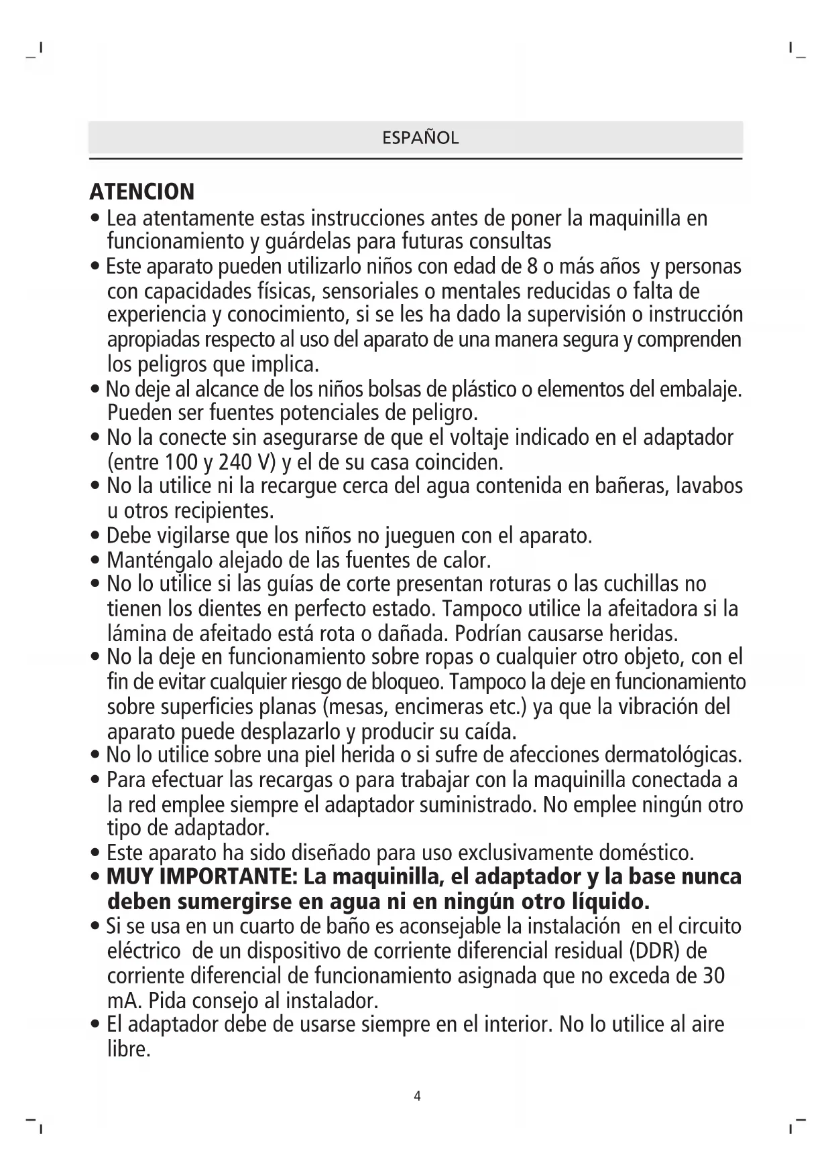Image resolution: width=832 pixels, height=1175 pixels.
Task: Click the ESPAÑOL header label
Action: pos(420,138)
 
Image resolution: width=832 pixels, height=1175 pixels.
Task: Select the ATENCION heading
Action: pos(142,192)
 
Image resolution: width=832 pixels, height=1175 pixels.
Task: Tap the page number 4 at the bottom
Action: pos(417,1097)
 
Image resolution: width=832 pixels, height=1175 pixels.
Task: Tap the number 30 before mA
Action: pos(713,975)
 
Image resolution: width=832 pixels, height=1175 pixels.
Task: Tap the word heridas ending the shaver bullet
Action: pos(644,633)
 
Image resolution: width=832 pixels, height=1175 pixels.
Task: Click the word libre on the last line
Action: pos(129,1049)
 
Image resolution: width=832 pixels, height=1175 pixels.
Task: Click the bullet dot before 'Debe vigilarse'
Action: pos(96,537)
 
